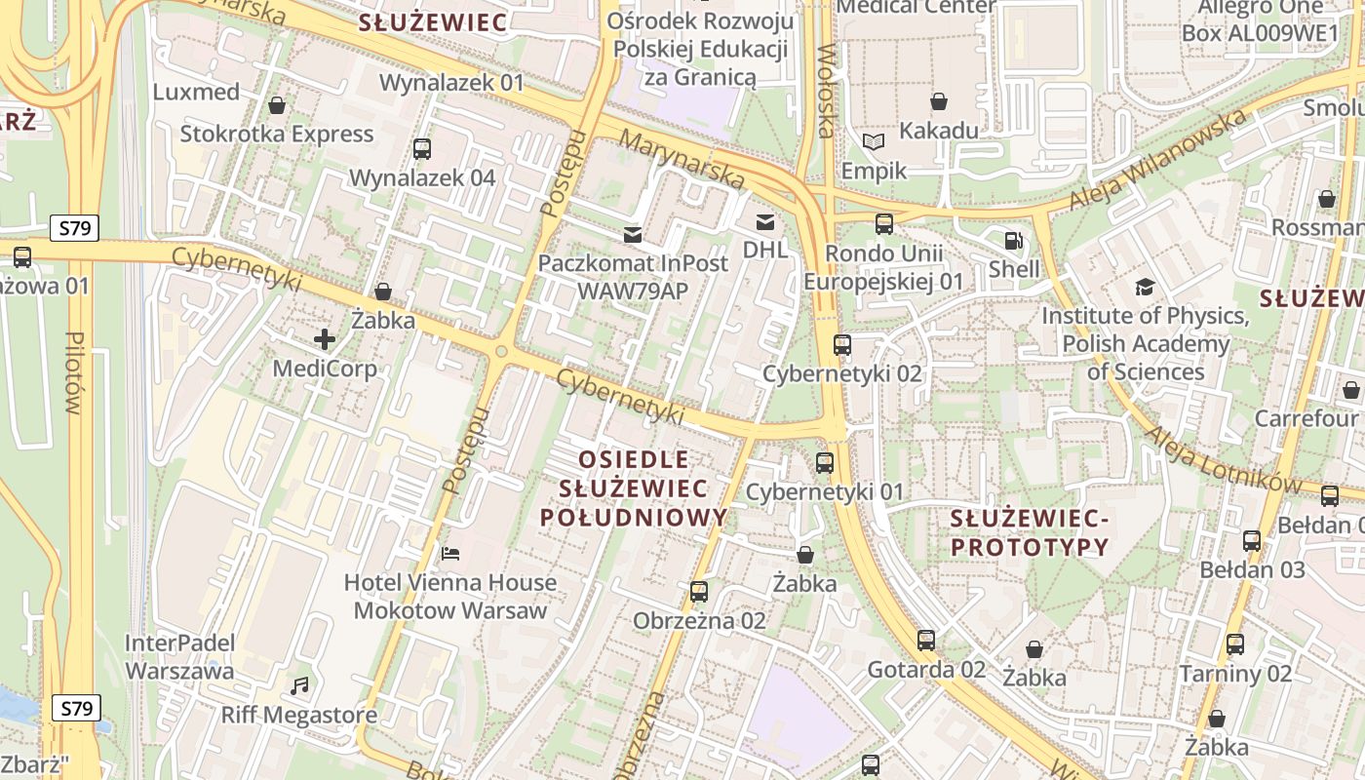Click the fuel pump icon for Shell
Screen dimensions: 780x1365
pyautogui.click(x=1014, y=240)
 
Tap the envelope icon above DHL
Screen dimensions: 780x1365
pyautogui.click(x=765, y=222)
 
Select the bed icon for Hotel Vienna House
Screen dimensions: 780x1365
pyautogui.click(x=450, y=554)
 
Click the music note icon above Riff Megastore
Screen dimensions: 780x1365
pyautogui.click(x=299, y=686)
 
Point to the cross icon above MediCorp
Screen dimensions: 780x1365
pyautogui.click(x=325, y=339)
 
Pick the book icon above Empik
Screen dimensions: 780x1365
pyautogui.click(x=874, y=142)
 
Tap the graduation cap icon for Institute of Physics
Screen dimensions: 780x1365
pyautogui.click(x=1145, y=287)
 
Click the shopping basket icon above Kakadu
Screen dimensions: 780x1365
pyautogui.click(x=939, y=101)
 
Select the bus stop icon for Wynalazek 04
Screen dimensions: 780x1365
pyautogui.click(x=422, y=149)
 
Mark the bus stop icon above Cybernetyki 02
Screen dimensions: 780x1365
pyautogui.click(x=842, y=344)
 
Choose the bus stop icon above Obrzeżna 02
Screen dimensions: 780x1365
pyautogui.click(x=699, y=592)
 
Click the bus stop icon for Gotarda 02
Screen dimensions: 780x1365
pyautogui.click(x=926, y=641)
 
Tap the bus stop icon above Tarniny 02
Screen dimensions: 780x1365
pyautogui.click(x=1235, y=644)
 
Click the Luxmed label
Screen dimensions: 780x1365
pyautogui.click(x=197, y=93)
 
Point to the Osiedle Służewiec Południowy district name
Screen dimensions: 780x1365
pyautogui.click(x=634, y=487)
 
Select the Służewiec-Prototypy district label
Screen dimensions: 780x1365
pyautogui.click(x=1030, y=532)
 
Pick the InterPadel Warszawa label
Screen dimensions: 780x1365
pyautogui.click(x=180, y=657)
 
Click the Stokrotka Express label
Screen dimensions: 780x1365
pyautogui.click(x=277, y=135)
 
